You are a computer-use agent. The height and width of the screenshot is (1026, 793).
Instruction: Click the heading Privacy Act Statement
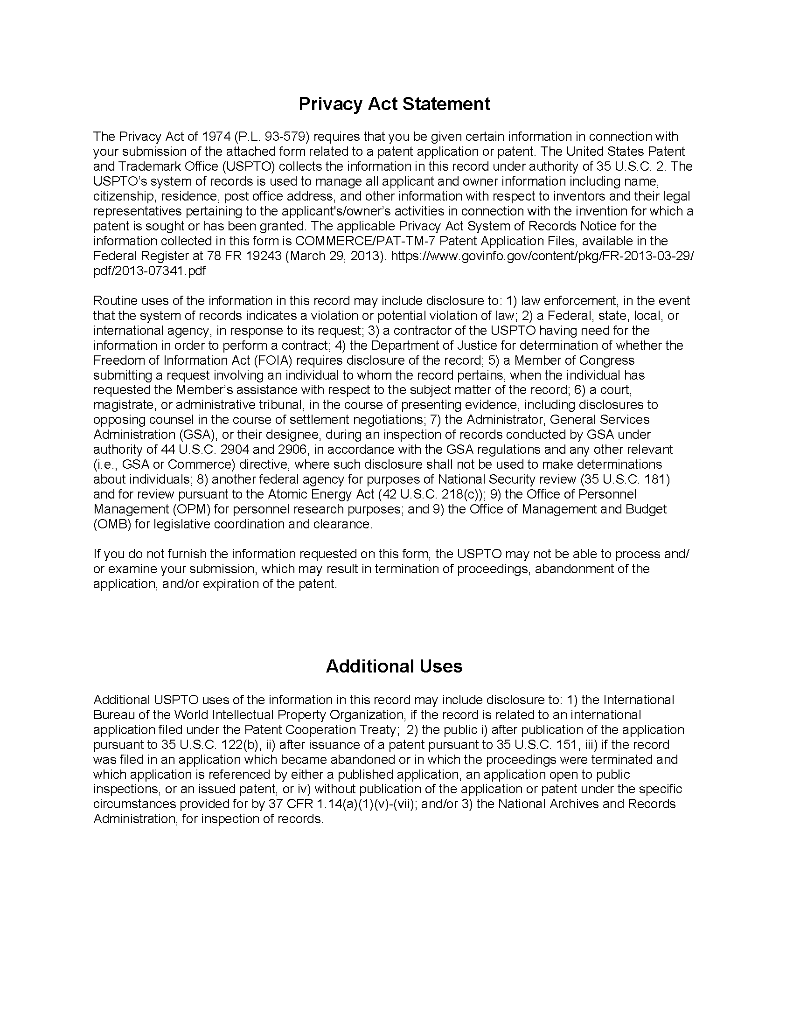tap(394, 104)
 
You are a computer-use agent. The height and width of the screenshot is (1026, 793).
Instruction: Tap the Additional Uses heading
tap(394, 666)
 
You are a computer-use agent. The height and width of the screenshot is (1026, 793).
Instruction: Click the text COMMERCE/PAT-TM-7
tap(364, 242)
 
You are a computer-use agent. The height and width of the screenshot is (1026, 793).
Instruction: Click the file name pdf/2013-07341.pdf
tap(149, 271)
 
